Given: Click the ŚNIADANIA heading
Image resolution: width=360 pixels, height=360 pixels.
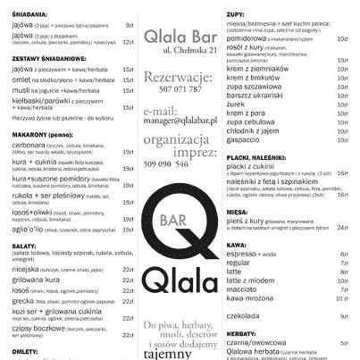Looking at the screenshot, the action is tap(24, 15).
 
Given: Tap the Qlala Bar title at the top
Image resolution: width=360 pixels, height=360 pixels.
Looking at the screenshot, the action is tap(180, 39).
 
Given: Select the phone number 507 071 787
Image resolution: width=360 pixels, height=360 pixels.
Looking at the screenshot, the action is tap(180, 89).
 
